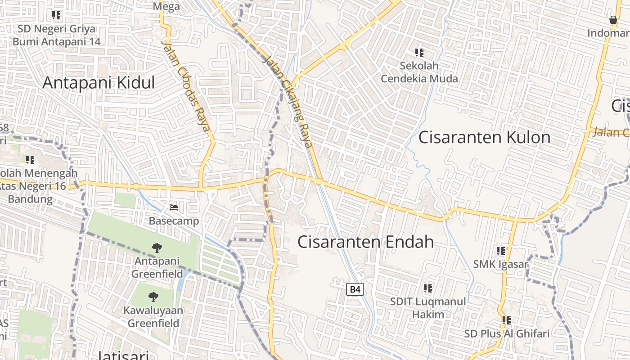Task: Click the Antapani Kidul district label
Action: (99, 83)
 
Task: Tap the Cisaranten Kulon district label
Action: (484, 137)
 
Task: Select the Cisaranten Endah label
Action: (365, 242)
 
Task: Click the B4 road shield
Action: (355, 289)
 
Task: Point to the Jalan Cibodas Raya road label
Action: (186, 86)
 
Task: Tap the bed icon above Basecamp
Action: (174, 207)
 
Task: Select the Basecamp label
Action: (174, 221)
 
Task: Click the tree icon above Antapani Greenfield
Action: (157, 247)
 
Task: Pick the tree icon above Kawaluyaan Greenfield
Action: (153, 297)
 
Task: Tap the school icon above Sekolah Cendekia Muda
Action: (419, 53)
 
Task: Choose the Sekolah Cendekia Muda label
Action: (419, 72)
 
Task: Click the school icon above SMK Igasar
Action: (501, 251)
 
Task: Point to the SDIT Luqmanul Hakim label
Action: (428, 308)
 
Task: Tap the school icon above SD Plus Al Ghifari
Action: (507, 320)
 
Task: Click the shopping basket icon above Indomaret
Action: (613, 20)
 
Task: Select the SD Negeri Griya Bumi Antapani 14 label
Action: (57, 35)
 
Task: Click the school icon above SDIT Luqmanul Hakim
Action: (428, 288)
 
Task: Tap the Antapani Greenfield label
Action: (157, 267)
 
